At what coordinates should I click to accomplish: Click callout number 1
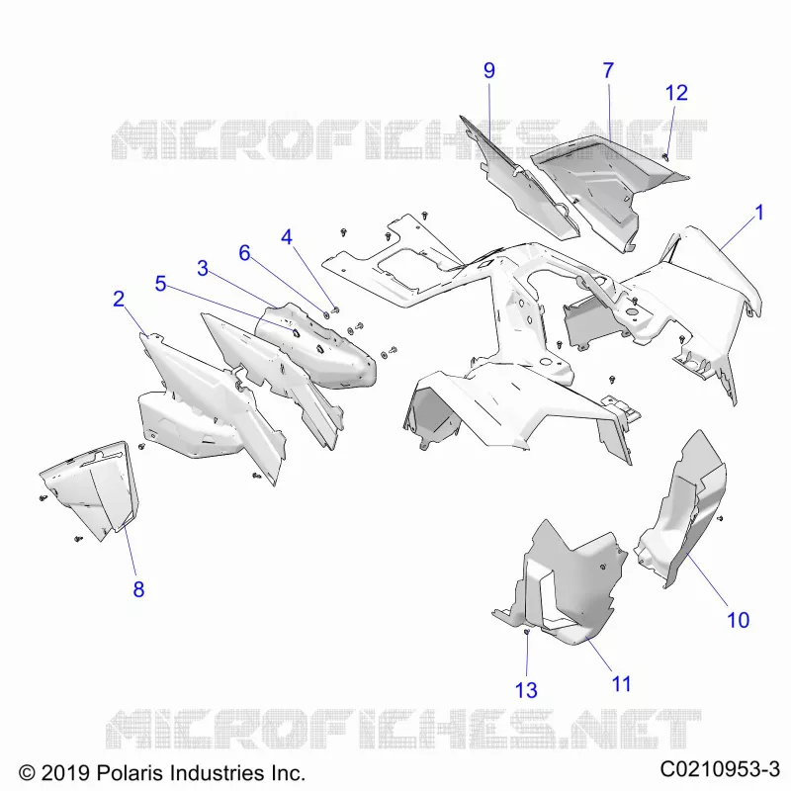click(759, 213)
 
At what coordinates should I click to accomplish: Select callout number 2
click(119, 300)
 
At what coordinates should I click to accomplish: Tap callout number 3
click(203, 268)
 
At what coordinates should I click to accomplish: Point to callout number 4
click(287, 237)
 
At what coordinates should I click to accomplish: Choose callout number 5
click(160, 284)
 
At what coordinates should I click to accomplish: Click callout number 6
click(244, 253)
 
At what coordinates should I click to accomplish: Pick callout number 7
click(608, 70)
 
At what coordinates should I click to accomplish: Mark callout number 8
click(138, 589)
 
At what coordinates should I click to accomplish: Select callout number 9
click(488, 70)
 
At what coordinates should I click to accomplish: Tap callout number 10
click(738, 620)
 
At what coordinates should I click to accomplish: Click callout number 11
click(621, 684)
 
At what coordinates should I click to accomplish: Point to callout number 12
click(676, 93)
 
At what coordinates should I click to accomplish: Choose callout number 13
click(526, 690)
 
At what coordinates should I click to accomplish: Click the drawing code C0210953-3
click(720, 770)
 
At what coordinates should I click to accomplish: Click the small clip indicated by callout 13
click(527, 632)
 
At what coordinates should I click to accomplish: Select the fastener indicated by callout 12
click(665, 157)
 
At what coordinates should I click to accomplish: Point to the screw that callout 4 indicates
click(336, 309)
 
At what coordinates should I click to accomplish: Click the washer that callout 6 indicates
click(326, 314)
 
